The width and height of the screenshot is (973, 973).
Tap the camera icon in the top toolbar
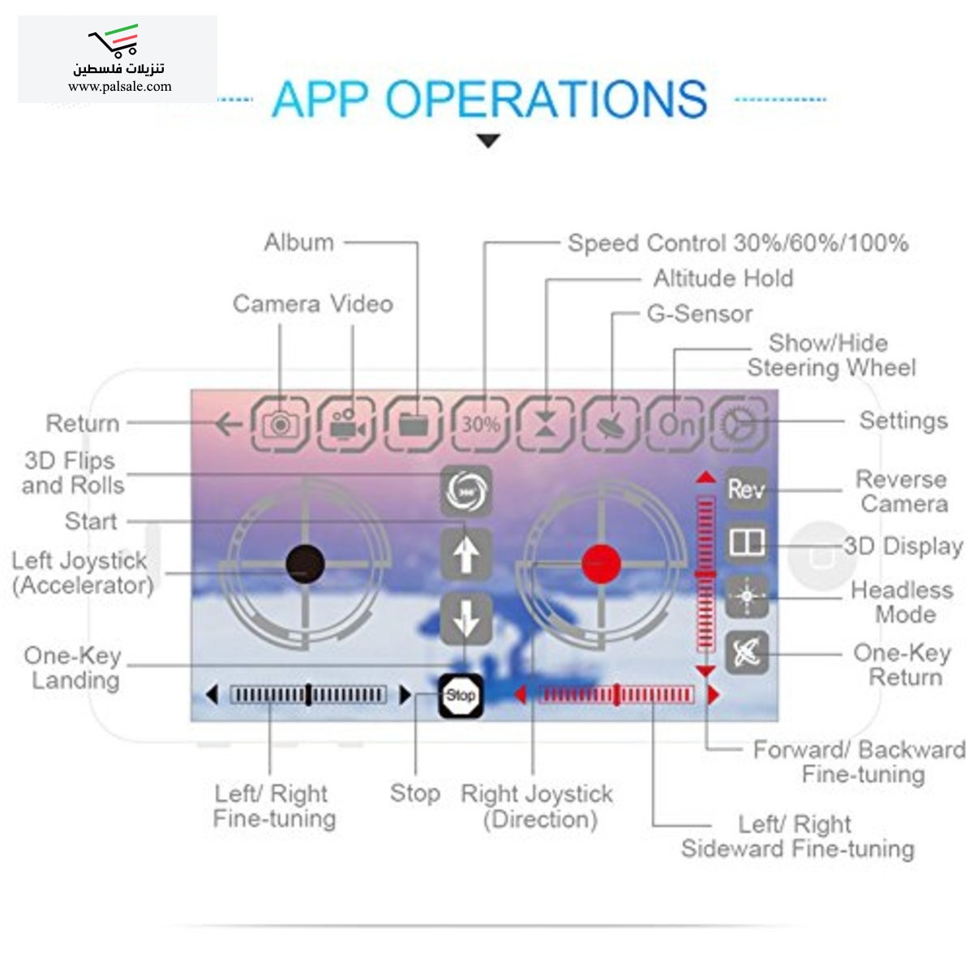click(281, 423)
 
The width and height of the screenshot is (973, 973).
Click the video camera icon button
click(347, 423)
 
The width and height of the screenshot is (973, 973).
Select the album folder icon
click(414, 423)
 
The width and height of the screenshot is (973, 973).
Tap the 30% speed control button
click(480, 423)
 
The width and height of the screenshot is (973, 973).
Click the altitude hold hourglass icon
click(546, 423)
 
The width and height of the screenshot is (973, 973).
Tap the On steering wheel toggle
click(675, 423)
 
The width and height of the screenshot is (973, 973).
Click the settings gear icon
click(739, 423)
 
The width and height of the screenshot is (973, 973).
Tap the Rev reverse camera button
click(746, 489)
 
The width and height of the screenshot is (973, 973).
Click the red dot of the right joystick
click(601, 563)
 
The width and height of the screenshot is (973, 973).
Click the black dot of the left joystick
click(306, 563)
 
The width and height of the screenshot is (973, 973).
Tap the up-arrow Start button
click(465, 555)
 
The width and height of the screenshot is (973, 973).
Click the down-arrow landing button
click(465, 619)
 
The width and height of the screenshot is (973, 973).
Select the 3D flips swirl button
click(465, 491)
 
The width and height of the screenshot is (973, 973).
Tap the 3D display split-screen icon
click(746, 542)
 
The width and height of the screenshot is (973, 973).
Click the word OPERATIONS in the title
click(546, 99)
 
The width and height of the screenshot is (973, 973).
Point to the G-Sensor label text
click(699, 314)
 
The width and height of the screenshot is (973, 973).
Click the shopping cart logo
click(114, 41)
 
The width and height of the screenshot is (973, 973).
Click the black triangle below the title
click(487, 141)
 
